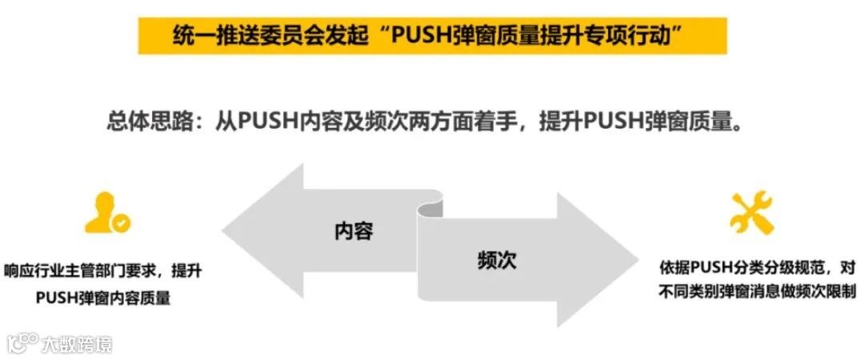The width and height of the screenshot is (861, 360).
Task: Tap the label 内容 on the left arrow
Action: click(354, 231)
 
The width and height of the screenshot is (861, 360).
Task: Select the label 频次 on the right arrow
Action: click(496, 260)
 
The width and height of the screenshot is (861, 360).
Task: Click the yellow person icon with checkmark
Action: click(107, 213)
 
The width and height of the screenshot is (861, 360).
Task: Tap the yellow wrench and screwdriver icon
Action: click(751, 212)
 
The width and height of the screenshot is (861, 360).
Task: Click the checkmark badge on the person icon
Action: click(122, 224)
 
